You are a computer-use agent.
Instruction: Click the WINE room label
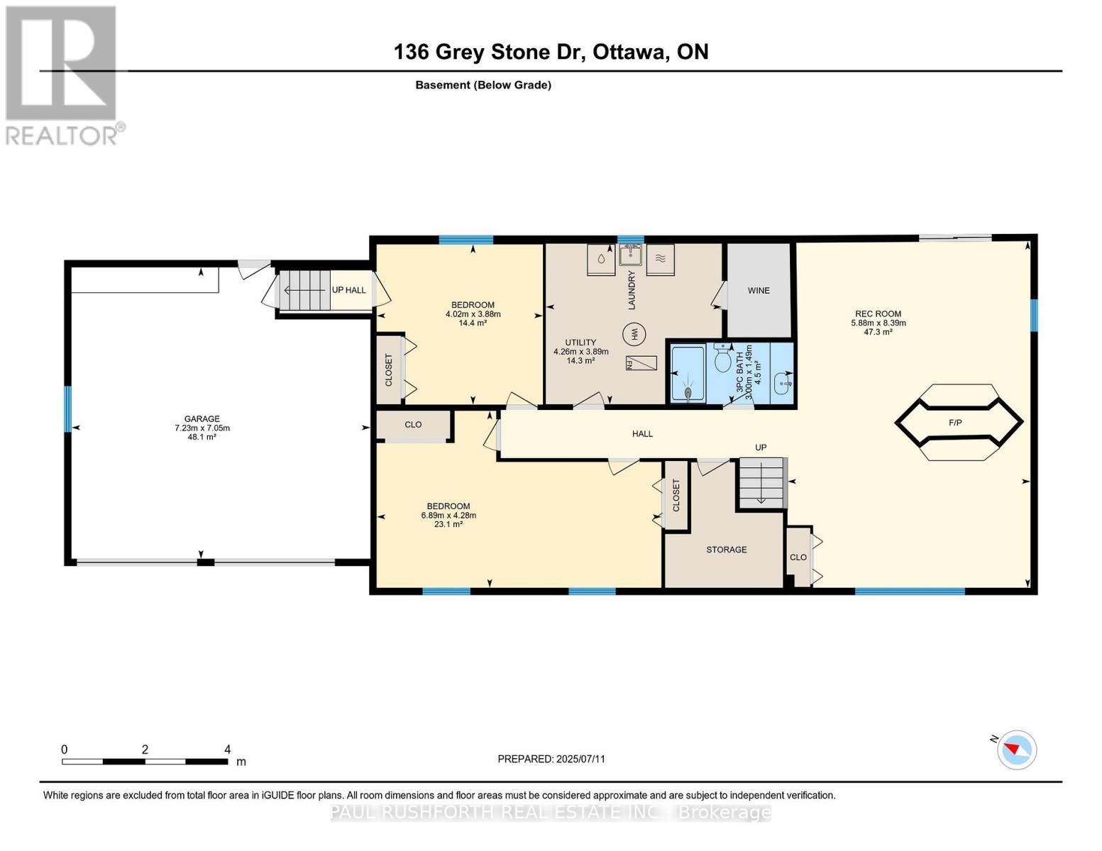pos(758,291)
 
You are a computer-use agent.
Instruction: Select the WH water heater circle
pos(634,333)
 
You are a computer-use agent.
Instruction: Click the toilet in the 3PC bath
pos(723,359)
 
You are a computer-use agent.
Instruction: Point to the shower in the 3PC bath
pos(688,374)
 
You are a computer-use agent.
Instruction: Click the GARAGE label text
pos(202,419)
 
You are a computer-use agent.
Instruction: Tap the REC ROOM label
pos(878,314)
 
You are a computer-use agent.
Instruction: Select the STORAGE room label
pos(726,550)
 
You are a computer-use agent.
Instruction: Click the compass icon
pos(1016,750)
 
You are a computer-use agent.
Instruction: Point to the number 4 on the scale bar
pos(227,750)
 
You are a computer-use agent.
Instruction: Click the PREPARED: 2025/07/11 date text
pos(551,759)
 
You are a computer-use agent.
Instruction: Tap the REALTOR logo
pos(62,75)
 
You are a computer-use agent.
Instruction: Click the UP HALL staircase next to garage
pos(305,290)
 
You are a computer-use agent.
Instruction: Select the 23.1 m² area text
pos(448,524)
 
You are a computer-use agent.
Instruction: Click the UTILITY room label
pos(580,343)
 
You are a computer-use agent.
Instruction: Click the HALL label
pos(642,434)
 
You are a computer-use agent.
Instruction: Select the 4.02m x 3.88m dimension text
pos(473,314)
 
